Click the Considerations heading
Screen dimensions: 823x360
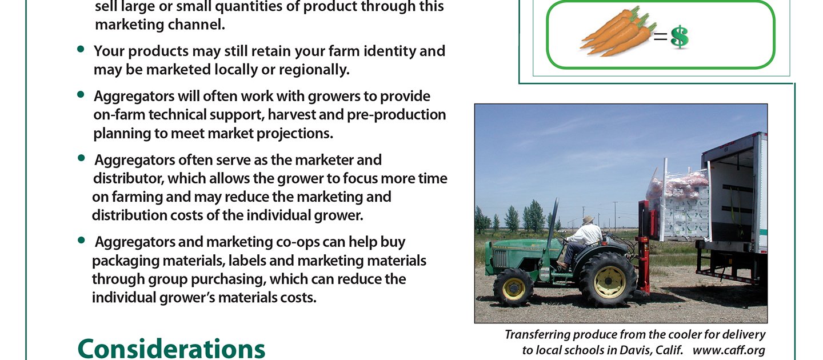pyautogui.click(x=171, y=348)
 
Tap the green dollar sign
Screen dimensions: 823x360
pyautogui.click(x=680, y=37)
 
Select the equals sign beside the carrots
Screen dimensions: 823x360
pyautogui.click(x=660, y=37)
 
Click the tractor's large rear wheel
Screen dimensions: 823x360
pyautogui.click(x=608, y=280)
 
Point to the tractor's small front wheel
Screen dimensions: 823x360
pyautogui.click(x=513, y=287)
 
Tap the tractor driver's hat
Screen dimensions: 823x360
pyautogui.click(x=588, y=219)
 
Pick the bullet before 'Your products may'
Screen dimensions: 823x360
pyautogui.click(x=81, y=49)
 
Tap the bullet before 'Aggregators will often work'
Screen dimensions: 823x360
pyautogui.click(x=81, y=94)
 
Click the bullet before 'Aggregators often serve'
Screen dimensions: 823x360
pyautogui.click(x=81, y=158)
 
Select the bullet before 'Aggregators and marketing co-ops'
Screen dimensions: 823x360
pyautogui.click(x=81, y=240)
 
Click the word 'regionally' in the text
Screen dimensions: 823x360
pyautogui.click(x=314, y=70)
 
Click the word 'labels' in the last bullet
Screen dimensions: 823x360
pyautogui.click(x=246, y=261)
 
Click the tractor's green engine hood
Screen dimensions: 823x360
pyautogui.click(x=525, y=249)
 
